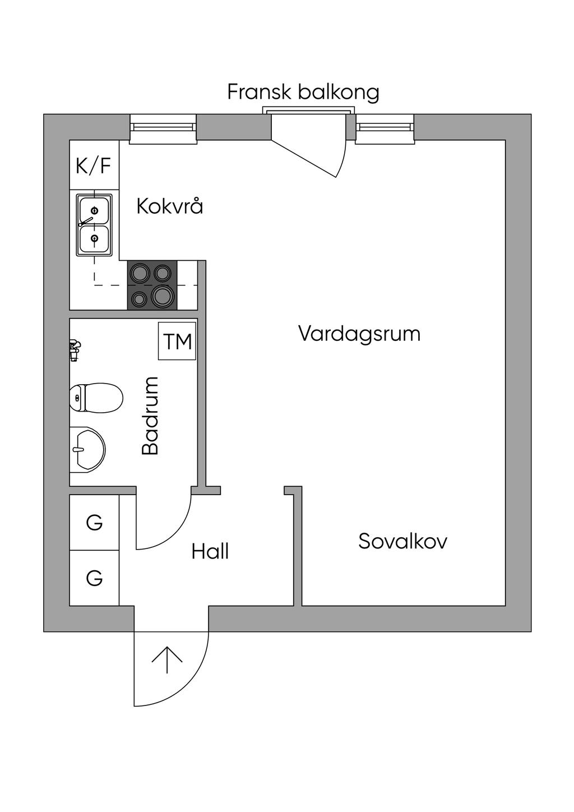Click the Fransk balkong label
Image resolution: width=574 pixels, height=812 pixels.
coord(303,92)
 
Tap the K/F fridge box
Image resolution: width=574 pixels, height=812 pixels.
coord(94,165)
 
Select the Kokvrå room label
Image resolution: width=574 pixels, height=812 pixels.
coord(169,206)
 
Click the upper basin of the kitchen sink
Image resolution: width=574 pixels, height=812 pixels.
coord(94,210)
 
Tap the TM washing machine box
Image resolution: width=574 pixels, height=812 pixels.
coord(177,341)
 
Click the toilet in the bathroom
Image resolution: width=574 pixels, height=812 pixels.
coord(96,398)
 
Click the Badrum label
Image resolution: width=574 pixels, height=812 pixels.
coord(150,416)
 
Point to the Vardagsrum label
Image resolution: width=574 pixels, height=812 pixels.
coord(359,334)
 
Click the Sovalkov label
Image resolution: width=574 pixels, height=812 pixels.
coord(402,542)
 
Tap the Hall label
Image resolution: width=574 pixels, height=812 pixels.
coord(210,552)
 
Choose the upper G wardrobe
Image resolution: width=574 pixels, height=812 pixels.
coord(94,523)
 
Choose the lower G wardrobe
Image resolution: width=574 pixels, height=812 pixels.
coord(94,578)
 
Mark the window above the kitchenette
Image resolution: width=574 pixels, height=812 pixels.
coord(163,127)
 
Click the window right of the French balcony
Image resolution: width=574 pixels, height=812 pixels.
coord(385,127)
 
